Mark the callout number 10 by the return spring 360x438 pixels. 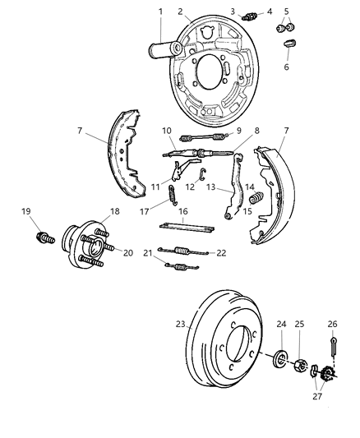pyautogui.click(x=167, y=130)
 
